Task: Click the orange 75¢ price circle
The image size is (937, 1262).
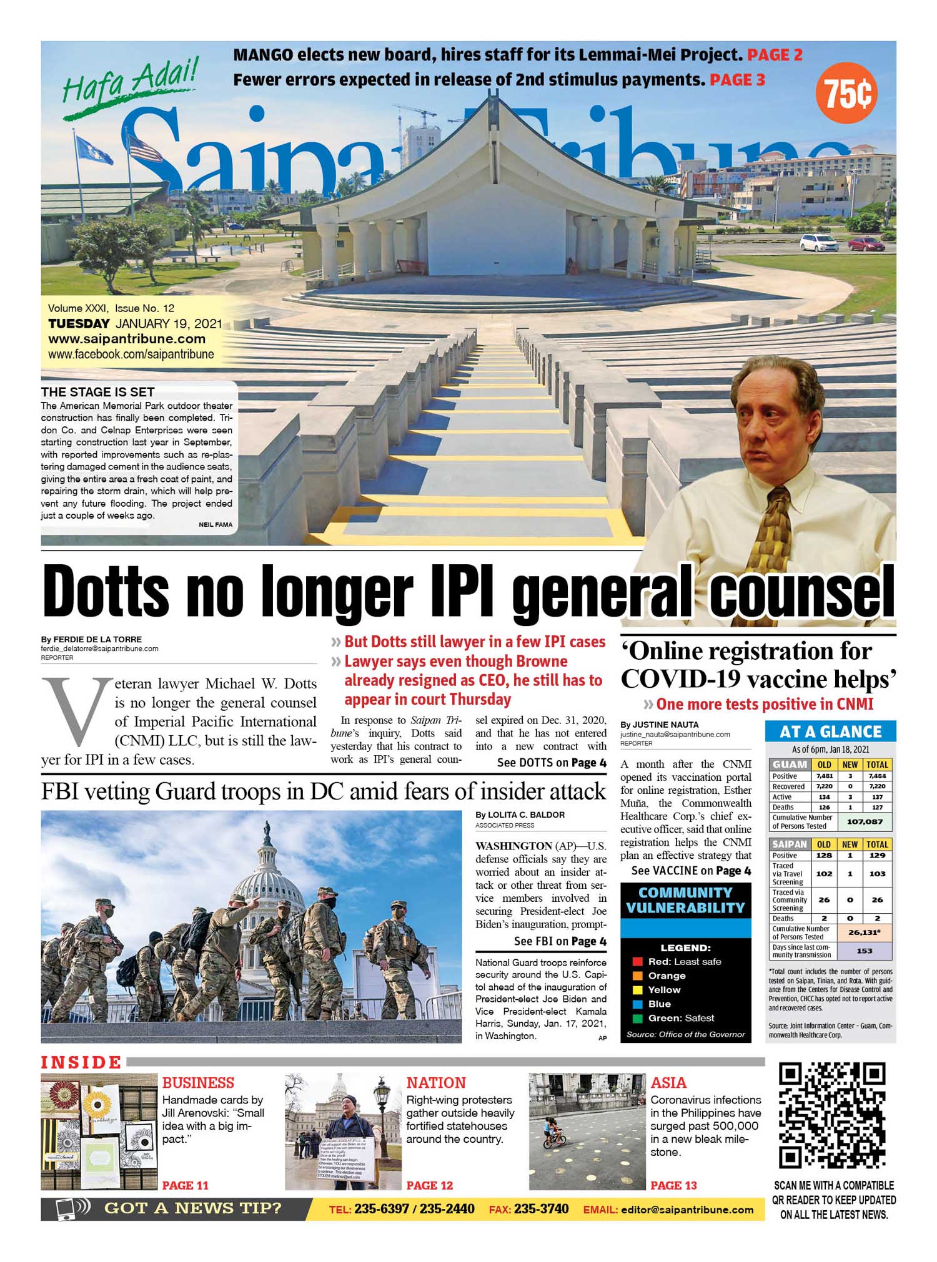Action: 846,94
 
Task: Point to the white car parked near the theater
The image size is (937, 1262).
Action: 818,242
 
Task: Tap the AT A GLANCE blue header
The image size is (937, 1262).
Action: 830,731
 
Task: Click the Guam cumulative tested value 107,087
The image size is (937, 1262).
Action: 864,821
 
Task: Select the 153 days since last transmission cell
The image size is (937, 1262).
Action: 864,951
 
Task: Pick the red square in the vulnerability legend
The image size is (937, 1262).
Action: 637,962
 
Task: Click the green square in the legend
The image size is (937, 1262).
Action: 637,1018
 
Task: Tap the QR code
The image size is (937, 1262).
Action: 833,1115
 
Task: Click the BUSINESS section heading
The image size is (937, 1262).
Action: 198,1082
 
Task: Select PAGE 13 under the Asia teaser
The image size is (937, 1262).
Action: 673,1185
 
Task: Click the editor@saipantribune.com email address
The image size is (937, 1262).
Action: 687,1210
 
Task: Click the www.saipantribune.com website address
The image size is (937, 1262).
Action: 127,339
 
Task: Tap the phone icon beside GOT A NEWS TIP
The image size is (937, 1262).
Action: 67,1209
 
